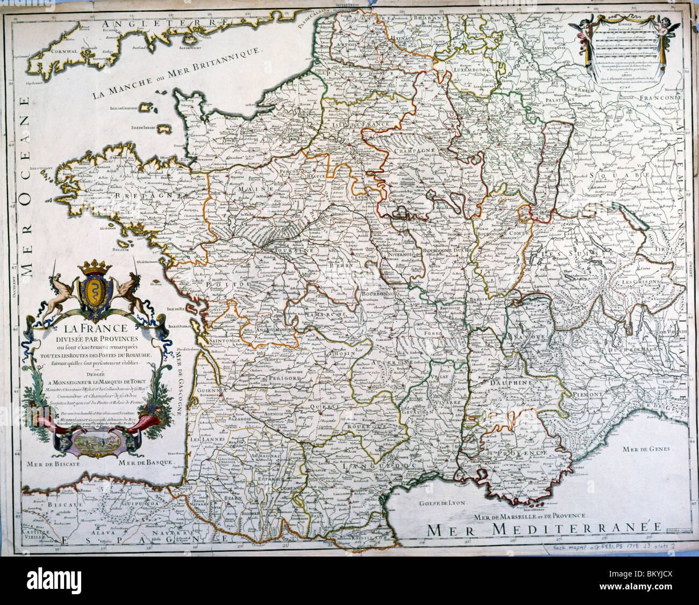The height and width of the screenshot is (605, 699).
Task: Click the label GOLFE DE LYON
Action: (442, 505)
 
